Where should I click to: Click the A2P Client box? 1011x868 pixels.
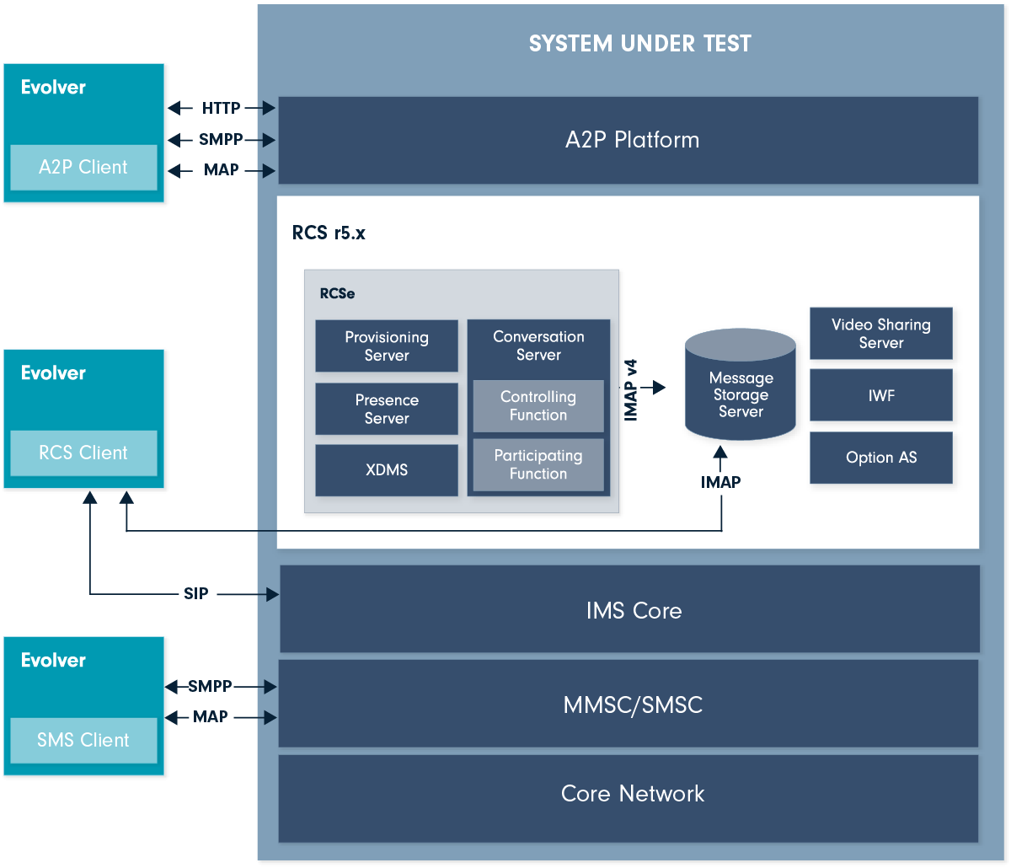pos(83,167)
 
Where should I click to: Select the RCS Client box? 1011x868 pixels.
pos(83,453)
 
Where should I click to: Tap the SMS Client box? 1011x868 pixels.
pos(83,740)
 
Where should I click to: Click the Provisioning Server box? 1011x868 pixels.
pos(387,346)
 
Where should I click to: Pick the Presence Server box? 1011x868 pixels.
pos(387,409)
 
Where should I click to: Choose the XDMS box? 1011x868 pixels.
pos(387,470)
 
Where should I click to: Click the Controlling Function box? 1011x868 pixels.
pos(538,405)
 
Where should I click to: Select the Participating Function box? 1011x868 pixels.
pos(538,464)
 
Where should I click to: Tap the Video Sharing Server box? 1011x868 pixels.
pos(881,334)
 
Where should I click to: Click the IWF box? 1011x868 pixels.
pos(881,394)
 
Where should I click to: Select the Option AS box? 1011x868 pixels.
pos(881,458)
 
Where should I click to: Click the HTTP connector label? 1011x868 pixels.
pos(221,108)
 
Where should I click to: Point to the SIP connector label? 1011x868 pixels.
pos(195,594)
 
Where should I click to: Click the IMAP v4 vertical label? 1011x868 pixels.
pos(630,389)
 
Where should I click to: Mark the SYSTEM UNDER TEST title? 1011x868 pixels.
pos(639,44)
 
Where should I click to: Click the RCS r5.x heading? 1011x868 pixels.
pos(329,233)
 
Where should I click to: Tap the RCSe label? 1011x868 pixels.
pos(337,294)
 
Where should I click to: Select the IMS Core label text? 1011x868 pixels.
pos(634,610)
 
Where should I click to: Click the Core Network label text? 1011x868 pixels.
pos(633,793)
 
